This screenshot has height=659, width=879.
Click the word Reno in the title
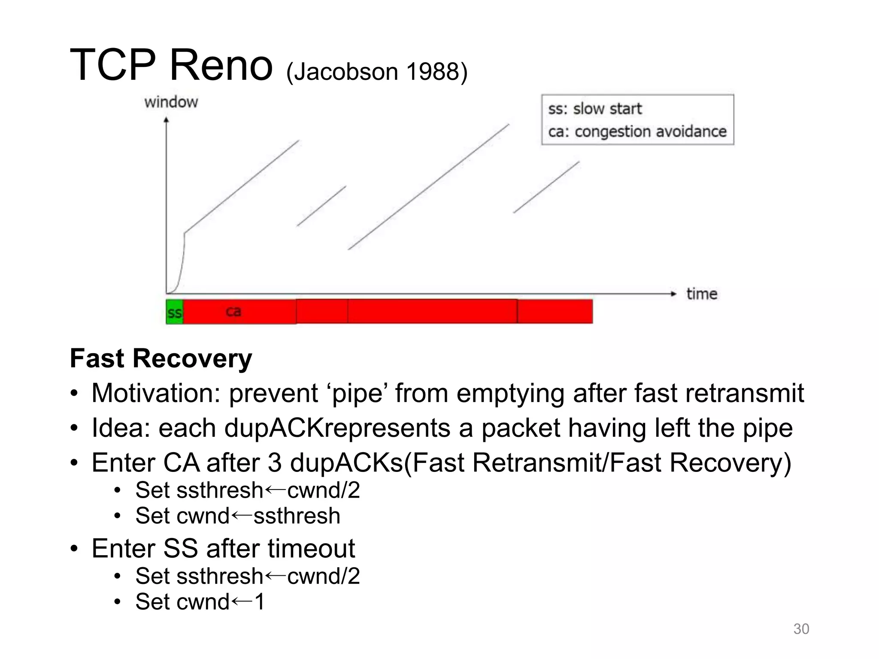point(221,65)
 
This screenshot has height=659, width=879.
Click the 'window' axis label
point(171,102)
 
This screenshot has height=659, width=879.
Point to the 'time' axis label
point(702,294)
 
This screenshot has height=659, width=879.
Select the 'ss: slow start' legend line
point(594,109)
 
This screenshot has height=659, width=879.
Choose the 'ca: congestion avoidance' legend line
point(637,131)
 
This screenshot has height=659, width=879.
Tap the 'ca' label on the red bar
point(233,311)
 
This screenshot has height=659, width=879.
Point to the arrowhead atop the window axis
point(167,120)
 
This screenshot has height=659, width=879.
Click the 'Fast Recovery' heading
point(161,358)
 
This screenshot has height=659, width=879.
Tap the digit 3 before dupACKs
point(274,463)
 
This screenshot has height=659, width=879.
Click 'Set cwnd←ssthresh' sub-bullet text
point(237,516)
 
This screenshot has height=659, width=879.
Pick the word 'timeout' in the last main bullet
point(311,548)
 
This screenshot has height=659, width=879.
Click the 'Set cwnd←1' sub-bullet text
point(200,602)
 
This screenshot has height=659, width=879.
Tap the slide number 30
point(801,629)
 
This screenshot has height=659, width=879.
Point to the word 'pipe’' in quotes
point(358,393)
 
